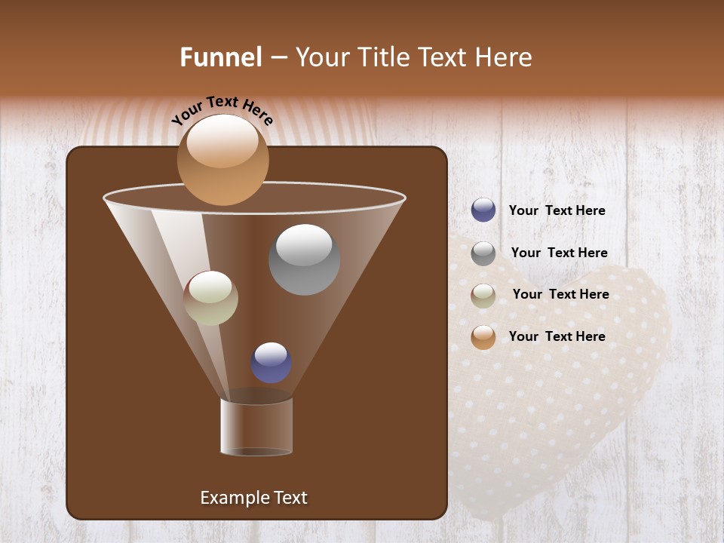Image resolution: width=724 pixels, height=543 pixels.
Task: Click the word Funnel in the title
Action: (221, 57)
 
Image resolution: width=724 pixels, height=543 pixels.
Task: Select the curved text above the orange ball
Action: (222, 110)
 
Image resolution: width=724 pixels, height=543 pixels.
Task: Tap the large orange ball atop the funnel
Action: (222, 160)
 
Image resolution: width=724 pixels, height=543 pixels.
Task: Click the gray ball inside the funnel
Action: (304, 259)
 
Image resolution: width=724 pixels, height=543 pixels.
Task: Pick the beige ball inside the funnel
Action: (210, 298)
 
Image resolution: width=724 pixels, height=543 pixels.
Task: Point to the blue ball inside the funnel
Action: (271, 363)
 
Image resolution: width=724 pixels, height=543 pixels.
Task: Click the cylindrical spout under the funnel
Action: (256, 427)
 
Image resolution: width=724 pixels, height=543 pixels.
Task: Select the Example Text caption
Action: (254, 498)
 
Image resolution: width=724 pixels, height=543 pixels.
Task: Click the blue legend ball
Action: (483, 210)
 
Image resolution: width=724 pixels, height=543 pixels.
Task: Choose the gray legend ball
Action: (483, 253)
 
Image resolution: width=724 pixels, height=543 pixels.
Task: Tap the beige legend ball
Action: (483, 295)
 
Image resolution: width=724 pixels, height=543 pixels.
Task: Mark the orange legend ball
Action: (483, 337)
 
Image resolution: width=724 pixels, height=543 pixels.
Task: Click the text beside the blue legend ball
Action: (557, 211)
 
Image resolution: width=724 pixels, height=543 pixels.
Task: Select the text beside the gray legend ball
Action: (559, 253)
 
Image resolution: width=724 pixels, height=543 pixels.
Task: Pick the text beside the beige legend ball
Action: (560, 294)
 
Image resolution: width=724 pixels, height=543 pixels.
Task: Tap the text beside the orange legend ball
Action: (557, 336)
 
